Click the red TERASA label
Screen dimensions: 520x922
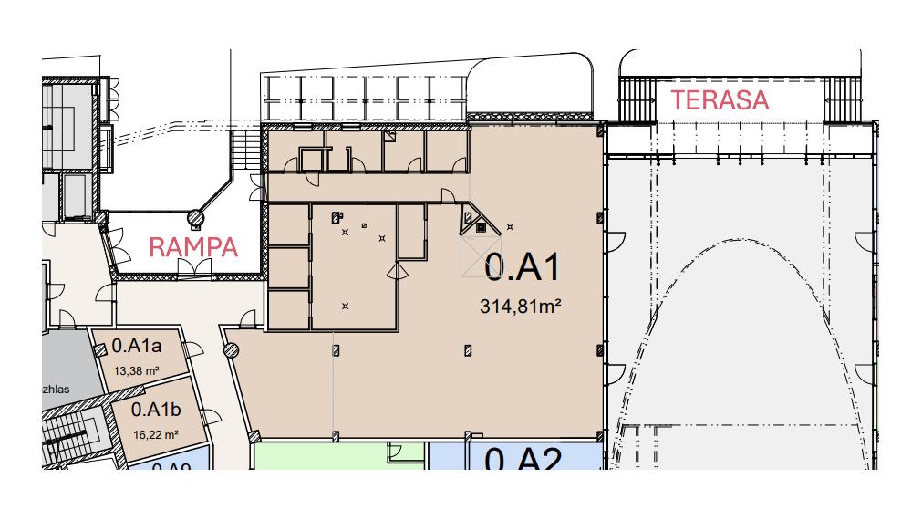[x=720, y=100]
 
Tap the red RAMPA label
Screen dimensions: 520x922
[x=192, y=246]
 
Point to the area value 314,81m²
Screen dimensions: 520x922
[x=520, y=307]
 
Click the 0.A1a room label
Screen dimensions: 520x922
[x=137, y=347]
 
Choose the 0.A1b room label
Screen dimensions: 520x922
[x=156, y=411]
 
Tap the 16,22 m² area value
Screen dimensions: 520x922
[x=155, y=435]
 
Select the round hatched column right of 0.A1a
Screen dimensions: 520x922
[x=231, y=348]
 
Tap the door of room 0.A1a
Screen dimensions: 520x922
[x=192, y=349]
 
